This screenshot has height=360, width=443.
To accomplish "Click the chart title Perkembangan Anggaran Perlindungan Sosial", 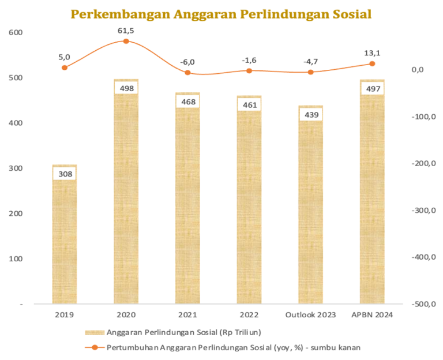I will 221,14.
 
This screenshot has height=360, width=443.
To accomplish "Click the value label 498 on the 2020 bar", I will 126,88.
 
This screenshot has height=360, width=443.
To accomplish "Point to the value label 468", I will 188,102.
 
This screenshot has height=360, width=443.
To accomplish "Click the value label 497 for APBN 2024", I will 372,88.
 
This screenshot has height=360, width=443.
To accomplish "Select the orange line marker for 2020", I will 126,42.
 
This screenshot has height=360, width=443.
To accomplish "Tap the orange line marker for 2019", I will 65,67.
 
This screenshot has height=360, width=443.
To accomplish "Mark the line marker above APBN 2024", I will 372,64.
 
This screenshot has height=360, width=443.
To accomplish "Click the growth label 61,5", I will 126,30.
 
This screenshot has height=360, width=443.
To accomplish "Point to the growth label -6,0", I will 187,62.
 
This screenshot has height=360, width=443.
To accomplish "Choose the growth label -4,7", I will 310,61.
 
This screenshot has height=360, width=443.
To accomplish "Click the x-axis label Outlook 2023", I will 310,315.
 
